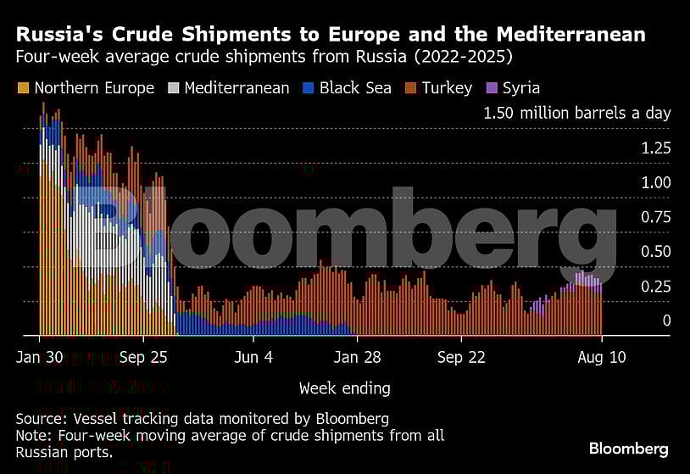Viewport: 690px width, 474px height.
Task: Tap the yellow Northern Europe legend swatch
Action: tap(23, 88)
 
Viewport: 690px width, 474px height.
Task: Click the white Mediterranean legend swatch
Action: tap(173, 88)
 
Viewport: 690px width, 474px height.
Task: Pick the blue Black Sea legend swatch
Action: tap(308, 88)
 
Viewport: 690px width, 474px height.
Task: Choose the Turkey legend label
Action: tap(446, 88)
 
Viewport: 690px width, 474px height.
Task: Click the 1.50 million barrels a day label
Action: tap(576, 113)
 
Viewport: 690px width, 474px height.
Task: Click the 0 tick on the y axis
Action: tap(666, 321)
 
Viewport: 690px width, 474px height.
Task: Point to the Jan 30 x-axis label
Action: tap(38, 357)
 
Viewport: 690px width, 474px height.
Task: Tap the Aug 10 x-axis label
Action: tap(602, 357)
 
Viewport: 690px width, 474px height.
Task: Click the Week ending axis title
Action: tap(344, 388)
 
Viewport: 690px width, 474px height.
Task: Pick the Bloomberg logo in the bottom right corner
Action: tap(628, 449)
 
